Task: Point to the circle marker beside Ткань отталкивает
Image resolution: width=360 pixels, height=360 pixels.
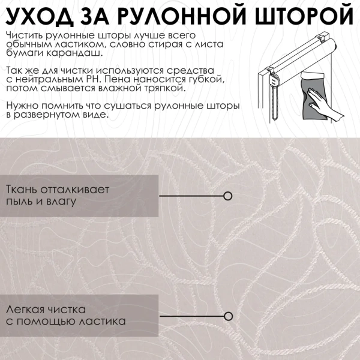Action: (227, 196)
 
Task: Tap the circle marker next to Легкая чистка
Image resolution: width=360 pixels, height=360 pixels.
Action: (227, 316)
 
